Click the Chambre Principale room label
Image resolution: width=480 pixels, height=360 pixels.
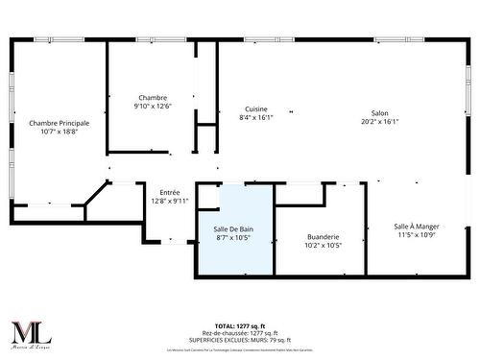click(x=60, y=123)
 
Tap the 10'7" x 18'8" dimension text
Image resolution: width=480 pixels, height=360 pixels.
click(x=60, y=132)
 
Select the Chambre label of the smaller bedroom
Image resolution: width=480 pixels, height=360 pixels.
click(x=153, y=98)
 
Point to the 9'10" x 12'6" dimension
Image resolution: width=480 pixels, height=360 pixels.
click(x=153, y=107)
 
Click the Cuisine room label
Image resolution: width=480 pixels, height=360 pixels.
click(x=256, y=109)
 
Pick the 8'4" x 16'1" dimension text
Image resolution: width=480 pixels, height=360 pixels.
click(x=256, y=118)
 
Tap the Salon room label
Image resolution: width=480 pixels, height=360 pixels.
click(x=380, y=112)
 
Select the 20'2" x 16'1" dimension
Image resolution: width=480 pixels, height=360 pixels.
click(x=380, y=121)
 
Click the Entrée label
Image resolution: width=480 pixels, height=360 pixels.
click(x=170, y=192)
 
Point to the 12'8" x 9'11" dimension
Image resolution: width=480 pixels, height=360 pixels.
click(x=170, y=201)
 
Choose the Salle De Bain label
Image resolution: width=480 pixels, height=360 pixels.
click(x=233, y=228)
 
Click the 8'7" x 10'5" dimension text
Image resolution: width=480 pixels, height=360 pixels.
click(x=233, y=237)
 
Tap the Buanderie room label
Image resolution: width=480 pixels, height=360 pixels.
click(x=323, y=236)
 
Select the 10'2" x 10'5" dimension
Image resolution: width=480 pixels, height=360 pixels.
click(x=323, y=245)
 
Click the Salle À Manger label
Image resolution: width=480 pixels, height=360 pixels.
click(x=417, y=227)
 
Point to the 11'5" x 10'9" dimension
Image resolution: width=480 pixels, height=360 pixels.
click(x=417, y=235)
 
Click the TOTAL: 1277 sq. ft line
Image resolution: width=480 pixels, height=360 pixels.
click(x=240, y=326)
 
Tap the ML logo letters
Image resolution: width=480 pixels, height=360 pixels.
click(x=30, y=332)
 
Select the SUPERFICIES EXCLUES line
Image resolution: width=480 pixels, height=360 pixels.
click(x=240, y=339)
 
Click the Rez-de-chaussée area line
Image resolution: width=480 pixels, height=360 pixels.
click(x=240, y=333)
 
